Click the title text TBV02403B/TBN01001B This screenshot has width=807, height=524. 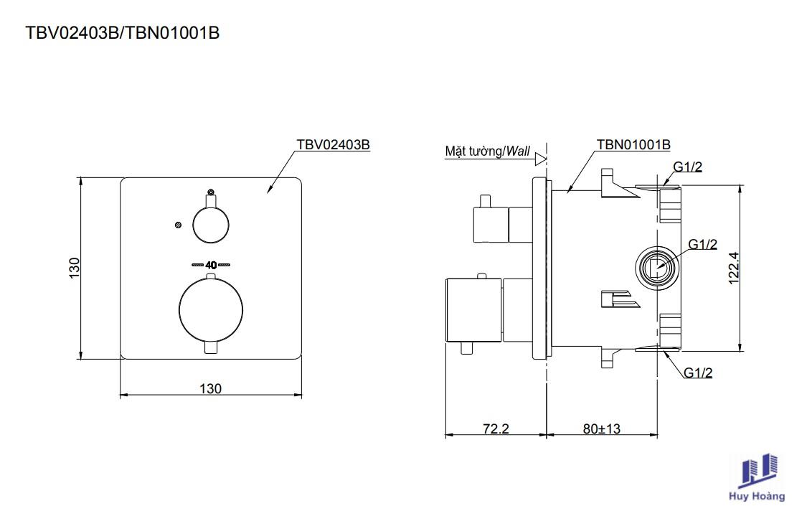click(123, 33)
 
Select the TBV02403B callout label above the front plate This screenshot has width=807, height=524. click(333, 145)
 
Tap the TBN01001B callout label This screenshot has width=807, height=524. click(633, 145)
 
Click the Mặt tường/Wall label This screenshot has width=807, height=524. click(487, 151)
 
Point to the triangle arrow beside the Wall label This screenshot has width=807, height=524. click(540, 159)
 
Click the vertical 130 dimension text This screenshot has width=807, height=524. click(75, 268)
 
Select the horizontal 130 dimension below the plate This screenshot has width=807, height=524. click(210, 388)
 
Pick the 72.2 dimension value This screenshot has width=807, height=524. click(496, 429)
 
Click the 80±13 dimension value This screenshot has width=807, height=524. click(602, 429)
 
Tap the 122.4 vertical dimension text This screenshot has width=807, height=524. click(734, 268)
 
